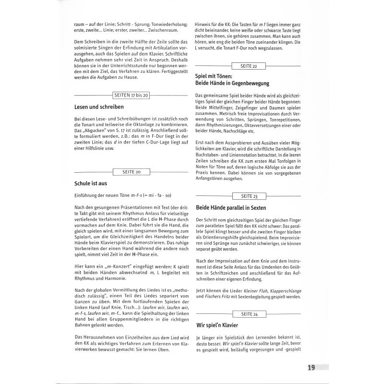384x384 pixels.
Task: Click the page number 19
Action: click(312, 368)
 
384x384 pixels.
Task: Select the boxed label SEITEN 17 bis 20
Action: click(131, 96)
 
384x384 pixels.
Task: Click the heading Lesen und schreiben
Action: click(99, 107)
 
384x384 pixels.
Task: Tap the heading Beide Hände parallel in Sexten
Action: click(231, 208)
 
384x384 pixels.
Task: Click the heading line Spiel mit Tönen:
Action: click(214, 76)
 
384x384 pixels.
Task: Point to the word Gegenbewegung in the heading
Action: click(248, 83)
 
